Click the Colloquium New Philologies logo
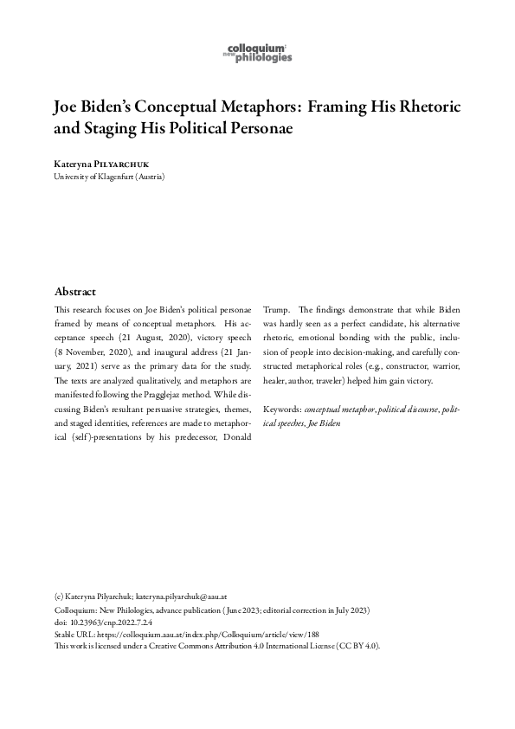coord(257,53)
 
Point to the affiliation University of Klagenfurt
coord(109,177)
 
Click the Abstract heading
coord(75,292)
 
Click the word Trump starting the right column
coord(276,309)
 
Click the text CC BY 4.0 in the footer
coord(363,647)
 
